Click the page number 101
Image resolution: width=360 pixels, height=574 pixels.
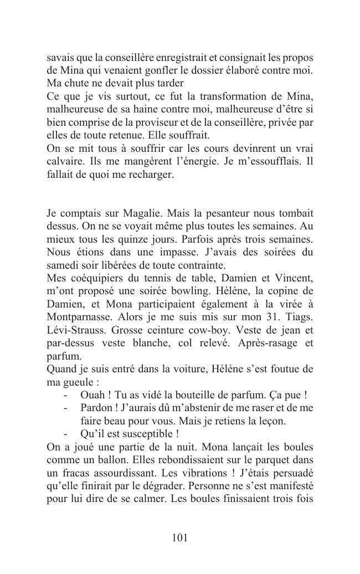tap(180, 537)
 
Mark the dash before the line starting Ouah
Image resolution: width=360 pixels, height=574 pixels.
tap(66, 395)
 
